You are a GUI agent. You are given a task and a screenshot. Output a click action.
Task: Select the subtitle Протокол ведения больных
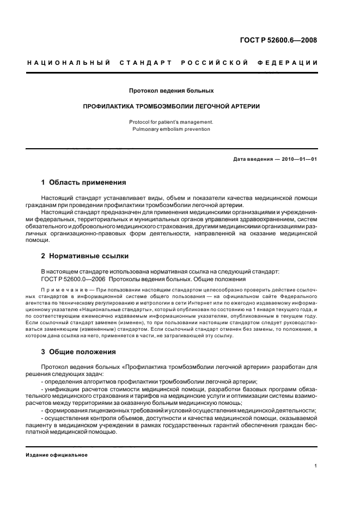[x=170, y=90]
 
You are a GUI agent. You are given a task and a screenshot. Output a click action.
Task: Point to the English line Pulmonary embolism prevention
[x=170, y=129]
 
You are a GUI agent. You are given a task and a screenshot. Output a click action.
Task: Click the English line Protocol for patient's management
[x=170, y=122]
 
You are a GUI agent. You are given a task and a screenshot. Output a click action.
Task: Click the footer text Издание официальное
[x=57, y=455]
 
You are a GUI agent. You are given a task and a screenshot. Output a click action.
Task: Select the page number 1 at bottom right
[x=315, y=466]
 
